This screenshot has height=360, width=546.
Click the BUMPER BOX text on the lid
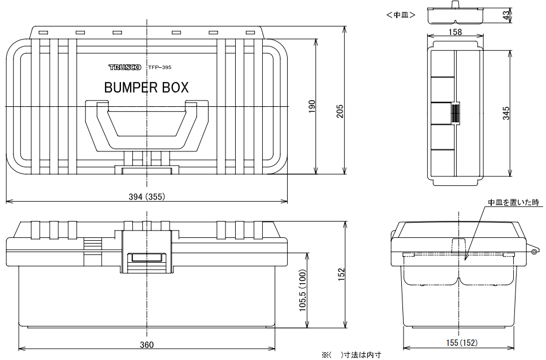point(146,88)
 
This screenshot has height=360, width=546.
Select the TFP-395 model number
point(159,67)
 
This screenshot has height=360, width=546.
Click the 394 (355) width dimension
point(146,196)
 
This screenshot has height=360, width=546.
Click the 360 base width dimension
point(146,345)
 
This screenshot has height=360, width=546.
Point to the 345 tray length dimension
point(506,112)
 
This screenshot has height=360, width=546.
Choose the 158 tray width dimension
point(454,33)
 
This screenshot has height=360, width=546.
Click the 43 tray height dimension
point(506,15)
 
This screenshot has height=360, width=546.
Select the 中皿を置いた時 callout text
point(514,202)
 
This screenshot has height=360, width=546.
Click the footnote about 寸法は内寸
point(352,355)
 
